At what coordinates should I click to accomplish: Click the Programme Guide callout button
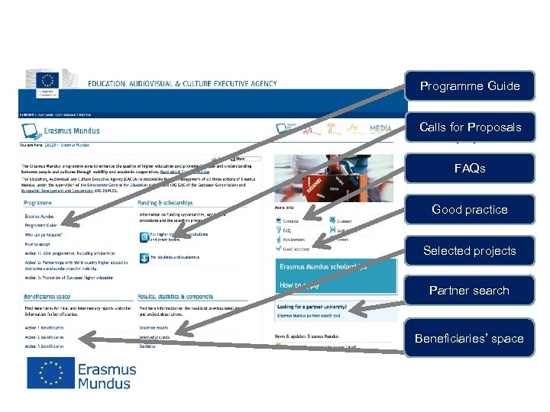(470, 86)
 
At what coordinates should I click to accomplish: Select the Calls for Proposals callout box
(470, 127)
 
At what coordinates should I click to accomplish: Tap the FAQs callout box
(470, 169)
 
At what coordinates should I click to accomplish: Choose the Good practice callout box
(470, 209)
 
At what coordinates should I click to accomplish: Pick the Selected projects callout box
(470, 250)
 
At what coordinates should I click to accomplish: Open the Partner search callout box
(470, 291)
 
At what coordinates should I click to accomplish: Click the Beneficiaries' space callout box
(470, 338)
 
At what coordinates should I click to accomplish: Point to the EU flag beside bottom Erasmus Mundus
(51, 373)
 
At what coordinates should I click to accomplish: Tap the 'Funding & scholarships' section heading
(165, 203)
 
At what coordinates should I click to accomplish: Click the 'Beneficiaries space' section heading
(48, 296)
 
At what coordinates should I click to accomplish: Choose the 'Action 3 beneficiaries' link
(44, 346)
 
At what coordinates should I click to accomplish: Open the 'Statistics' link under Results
(147, 346)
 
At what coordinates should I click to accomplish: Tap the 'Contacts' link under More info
(291, 220)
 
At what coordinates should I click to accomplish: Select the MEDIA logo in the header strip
(380, 130)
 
